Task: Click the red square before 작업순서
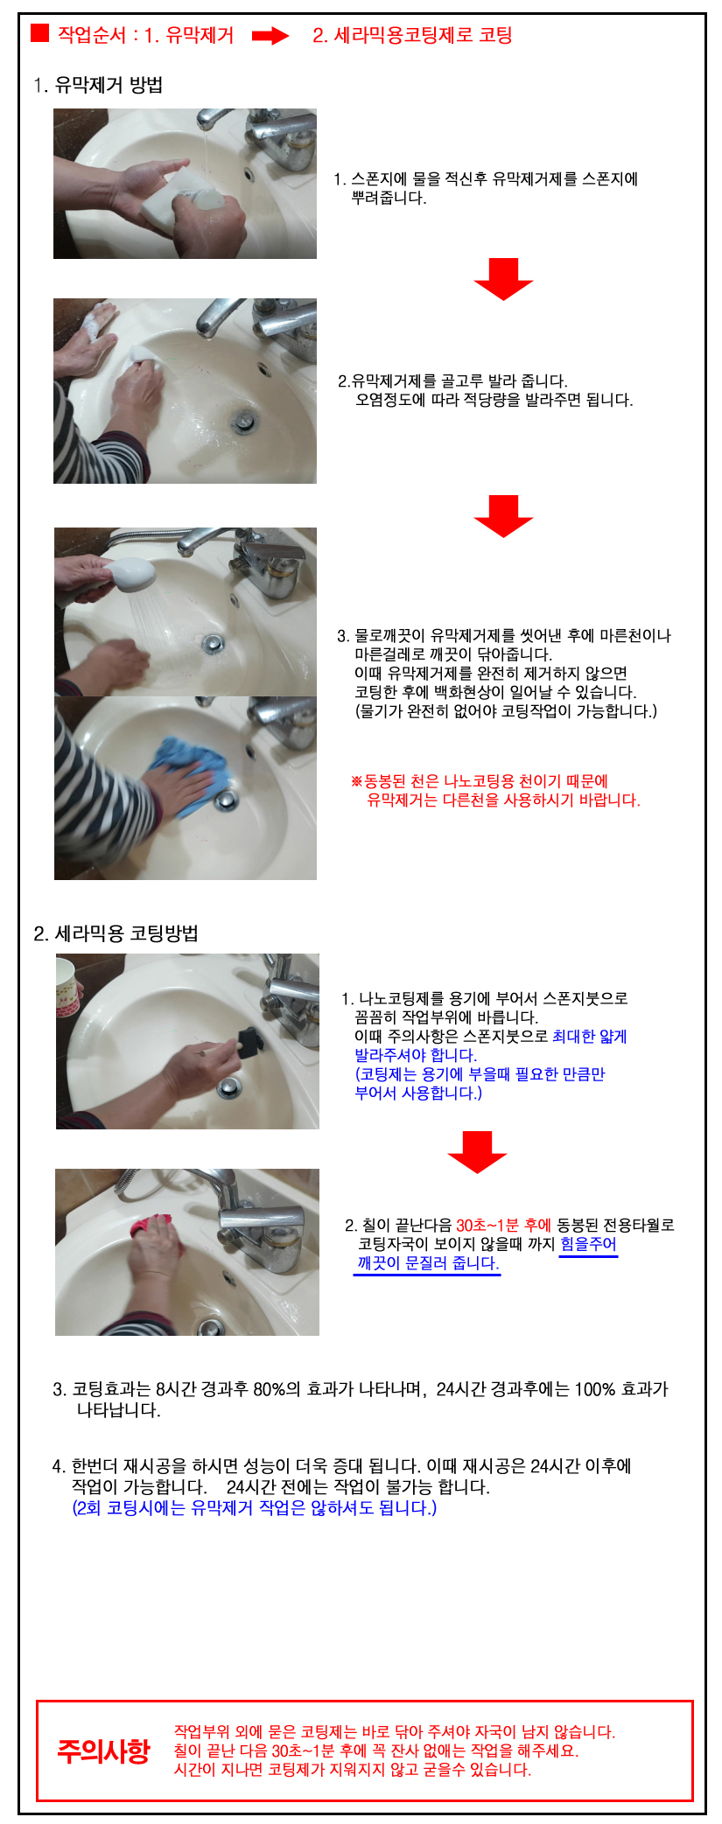(39, 33)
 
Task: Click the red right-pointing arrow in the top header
(270, 36)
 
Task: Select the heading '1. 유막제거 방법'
(98, 85)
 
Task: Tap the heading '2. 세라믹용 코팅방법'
(116, 933)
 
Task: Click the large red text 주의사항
(103, 1750)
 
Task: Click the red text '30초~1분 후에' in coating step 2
(503, 1225)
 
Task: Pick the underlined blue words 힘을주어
(588, 1244)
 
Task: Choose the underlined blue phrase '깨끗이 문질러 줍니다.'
(427, 1263)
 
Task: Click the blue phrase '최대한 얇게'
(590, 1037)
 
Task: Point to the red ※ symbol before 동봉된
(356, 781)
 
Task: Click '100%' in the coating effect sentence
(595, 1388)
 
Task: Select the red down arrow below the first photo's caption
(503, 279)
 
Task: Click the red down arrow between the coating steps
(477, 1152)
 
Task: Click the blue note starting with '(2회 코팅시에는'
(254, 1507)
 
